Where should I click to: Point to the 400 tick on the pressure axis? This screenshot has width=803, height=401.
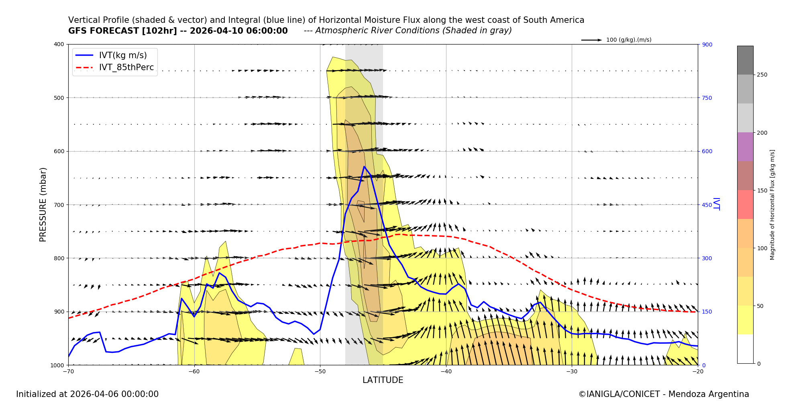59,44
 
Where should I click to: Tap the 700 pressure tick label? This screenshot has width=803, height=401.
59,205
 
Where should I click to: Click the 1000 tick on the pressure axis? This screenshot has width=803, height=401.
57,365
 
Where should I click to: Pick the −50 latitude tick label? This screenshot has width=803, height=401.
320,371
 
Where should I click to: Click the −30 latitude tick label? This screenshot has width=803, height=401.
572,371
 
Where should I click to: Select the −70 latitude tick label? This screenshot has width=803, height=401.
68,371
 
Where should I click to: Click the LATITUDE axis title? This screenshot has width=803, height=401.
383,380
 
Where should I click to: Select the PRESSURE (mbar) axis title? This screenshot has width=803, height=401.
43,205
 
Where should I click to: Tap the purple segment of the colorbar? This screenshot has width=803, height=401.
745,147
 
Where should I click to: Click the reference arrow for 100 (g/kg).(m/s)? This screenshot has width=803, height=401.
591,40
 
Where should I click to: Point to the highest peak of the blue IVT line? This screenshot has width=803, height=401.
364,166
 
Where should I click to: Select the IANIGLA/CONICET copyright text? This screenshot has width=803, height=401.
664,394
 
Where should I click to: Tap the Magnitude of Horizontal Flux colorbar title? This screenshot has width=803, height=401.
772,205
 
